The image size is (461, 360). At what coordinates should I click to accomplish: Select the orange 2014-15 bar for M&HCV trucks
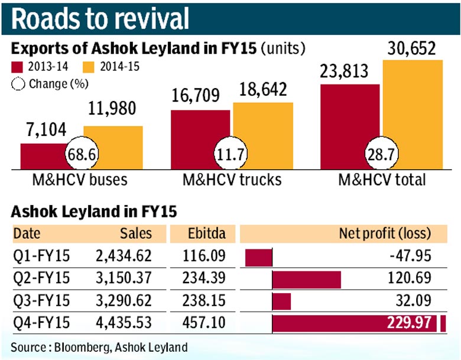point(262,136)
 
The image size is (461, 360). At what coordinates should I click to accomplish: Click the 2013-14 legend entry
point(38,66)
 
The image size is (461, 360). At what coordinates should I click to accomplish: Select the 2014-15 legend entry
point(112,66)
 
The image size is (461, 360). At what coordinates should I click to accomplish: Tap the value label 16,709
point(195,94)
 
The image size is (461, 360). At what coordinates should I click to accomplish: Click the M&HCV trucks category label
point(230,179)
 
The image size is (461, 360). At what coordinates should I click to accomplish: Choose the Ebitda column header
point(203,233)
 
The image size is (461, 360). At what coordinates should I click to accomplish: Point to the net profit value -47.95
point(414,256)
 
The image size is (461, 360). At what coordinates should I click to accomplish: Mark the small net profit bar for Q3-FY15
point(281,301)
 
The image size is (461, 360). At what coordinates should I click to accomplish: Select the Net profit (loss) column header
point(385,233)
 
